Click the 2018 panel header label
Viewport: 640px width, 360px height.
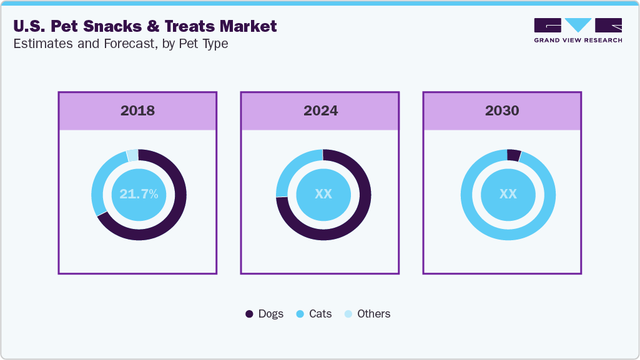(137, 111)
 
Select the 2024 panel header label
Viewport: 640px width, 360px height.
(320, 111)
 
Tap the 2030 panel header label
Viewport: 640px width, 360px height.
(502, 111)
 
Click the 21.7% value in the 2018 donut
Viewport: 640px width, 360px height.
(139, 195)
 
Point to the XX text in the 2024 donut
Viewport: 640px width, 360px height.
(323, 195)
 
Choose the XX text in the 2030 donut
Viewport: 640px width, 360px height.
(508, 195)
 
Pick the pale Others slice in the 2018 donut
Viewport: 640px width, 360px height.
(132, 155)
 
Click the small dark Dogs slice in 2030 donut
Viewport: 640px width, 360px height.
(514, 155)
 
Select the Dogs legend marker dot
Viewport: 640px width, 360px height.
(249, 314)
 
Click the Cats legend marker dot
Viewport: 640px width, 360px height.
(300, 314)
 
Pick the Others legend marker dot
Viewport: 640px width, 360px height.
(348, 314)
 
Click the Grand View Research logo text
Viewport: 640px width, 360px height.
(578, 40)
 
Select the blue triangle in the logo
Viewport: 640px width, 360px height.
(578, 24)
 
